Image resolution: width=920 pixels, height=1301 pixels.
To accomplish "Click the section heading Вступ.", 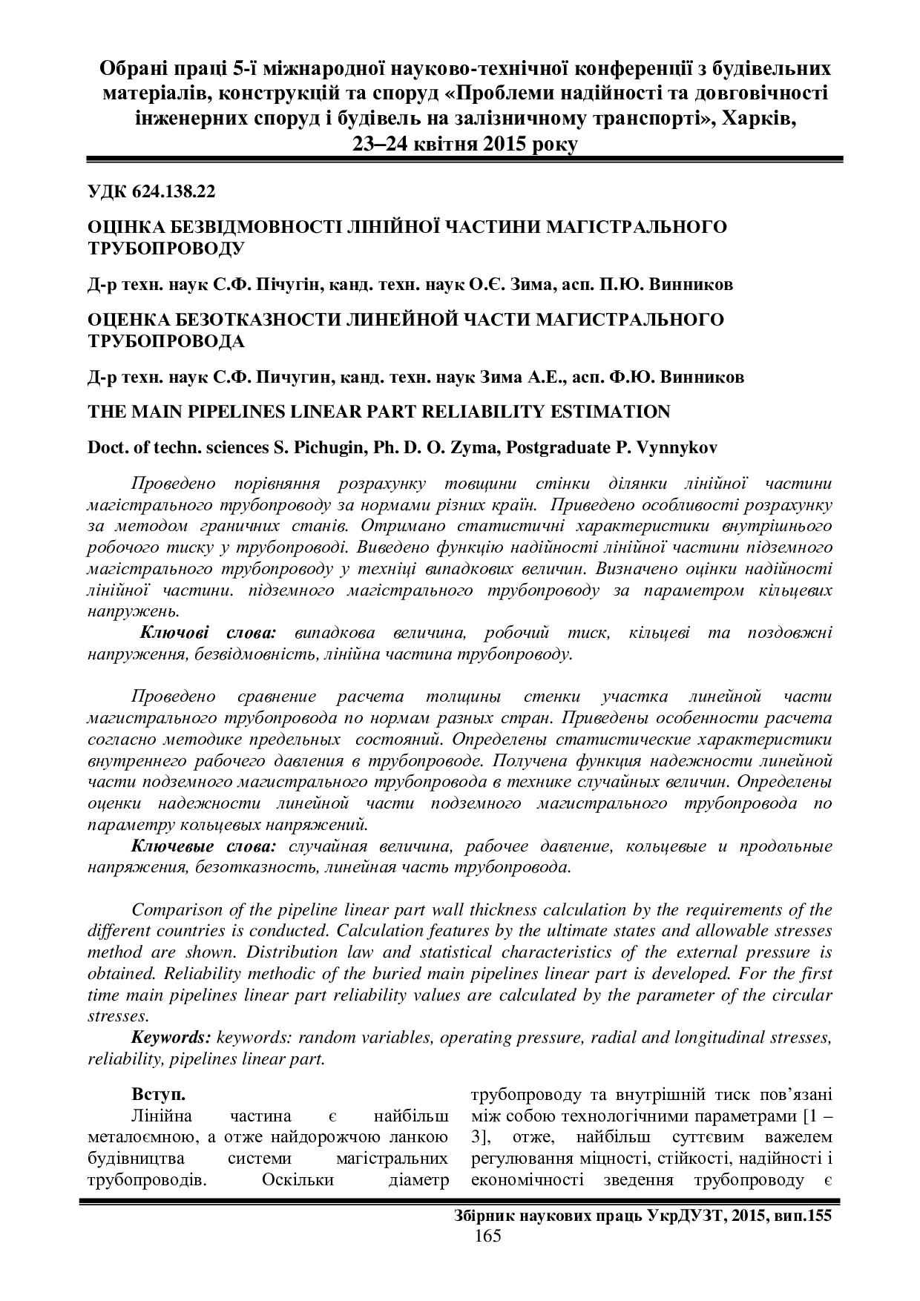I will pyautogui.click(x=157, y=1094).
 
